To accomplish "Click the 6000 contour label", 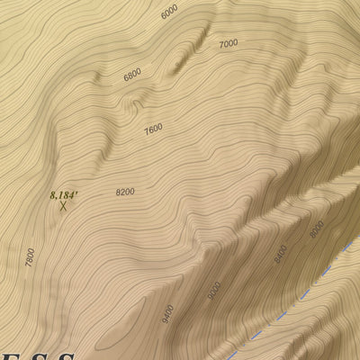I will coord(169,13).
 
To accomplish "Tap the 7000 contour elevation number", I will coord(229,43).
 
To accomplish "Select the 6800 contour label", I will coord(132,76).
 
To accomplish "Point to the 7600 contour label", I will coord(153,130).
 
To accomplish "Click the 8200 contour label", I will coord(125,192).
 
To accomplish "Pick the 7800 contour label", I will coord(31,257).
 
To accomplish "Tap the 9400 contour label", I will coord(167,313).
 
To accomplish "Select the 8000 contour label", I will coord(316,229).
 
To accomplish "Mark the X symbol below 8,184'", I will coord(63,206).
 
